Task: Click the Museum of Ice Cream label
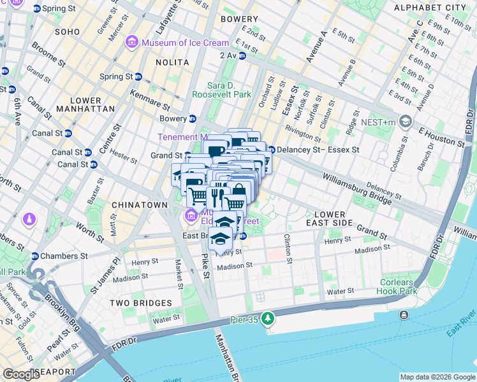pos(185,43)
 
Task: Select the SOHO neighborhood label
pos(67,31)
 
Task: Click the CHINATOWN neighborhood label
pos(138,205)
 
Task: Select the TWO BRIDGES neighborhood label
pos(140,303)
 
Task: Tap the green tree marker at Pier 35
pos(269,317)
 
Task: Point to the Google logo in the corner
pos(21,374)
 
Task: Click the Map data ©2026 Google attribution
pos(437,377)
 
